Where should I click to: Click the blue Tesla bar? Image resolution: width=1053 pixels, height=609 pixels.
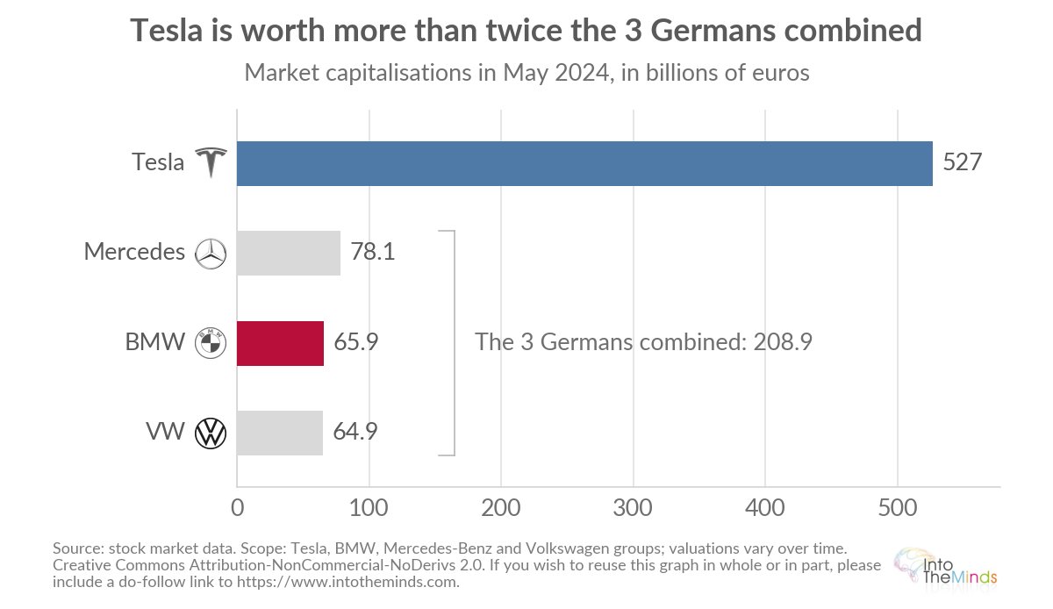584,163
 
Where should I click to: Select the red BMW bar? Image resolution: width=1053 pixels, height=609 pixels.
280,343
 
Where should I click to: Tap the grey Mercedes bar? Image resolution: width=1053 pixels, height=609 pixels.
289,253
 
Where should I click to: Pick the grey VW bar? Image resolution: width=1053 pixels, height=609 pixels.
280,433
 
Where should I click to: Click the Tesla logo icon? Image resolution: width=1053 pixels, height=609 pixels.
211,162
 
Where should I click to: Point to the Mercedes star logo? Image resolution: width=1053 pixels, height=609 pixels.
211,254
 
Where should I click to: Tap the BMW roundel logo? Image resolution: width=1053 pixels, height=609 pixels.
211,343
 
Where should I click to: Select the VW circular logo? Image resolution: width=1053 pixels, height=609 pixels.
211,433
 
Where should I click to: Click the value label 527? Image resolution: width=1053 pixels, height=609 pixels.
963,162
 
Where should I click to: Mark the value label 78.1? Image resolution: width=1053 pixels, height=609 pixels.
372,251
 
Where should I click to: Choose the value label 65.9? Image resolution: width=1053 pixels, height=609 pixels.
356,341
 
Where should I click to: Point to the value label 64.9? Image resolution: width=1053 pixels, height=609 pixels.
355,431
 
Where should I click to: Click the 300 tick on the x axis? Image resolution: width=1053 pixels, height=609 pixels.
633,508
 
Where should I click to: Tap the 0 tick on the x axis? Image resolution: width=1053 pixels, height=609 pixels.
238,508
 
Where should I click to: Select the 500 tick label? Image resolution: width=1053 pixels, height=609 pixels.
898,508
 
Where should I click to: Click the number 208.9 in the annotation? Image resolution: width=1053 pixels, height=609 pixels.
783,342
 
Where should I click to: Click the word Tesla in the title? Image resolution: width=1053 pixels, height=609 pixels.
167,30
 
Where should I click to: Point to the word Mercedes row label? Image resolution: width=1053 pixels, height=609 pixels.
134,252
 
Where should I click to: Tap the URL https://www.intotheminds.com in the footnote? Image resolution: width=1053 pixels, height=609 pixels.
347,582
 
